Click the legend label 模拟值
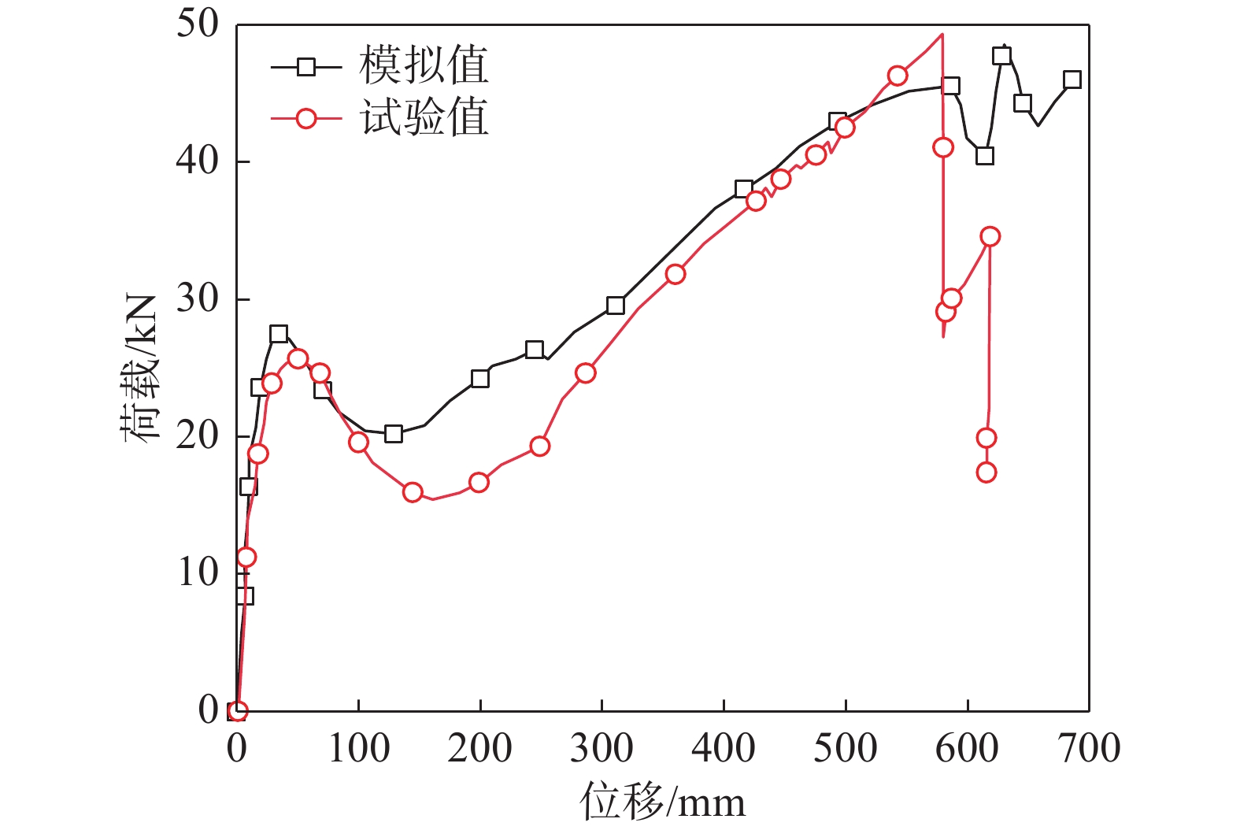[424, 65]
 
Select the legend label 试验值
[424, 118]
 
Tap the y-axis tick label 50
[197, 24]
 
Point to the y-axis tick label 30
[197, 298]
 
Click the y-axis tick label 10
[197, 572]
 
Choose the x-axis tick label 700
[1089, 748]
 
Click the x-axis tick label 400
[723, 748]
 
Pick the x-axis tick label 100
[358, 748]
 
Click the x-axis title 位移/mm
[662, 802]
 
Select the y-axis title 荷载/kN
[142, 368]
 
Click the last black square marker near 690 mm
[1072, 80]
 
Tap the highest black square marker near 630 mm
[1001, 56]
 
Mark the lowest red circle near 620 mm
[986, 472]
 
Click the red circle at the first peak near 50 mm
[298, 359]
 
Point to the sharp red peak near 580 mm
[942, 35]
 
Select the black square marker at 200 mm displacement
[479, 379]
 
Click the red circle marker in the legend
[306, 119]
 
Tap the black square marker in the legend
[306, 67]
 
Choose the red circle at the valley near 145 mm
[413, 493]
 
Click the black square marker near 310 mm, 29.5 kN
[616, 306]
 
